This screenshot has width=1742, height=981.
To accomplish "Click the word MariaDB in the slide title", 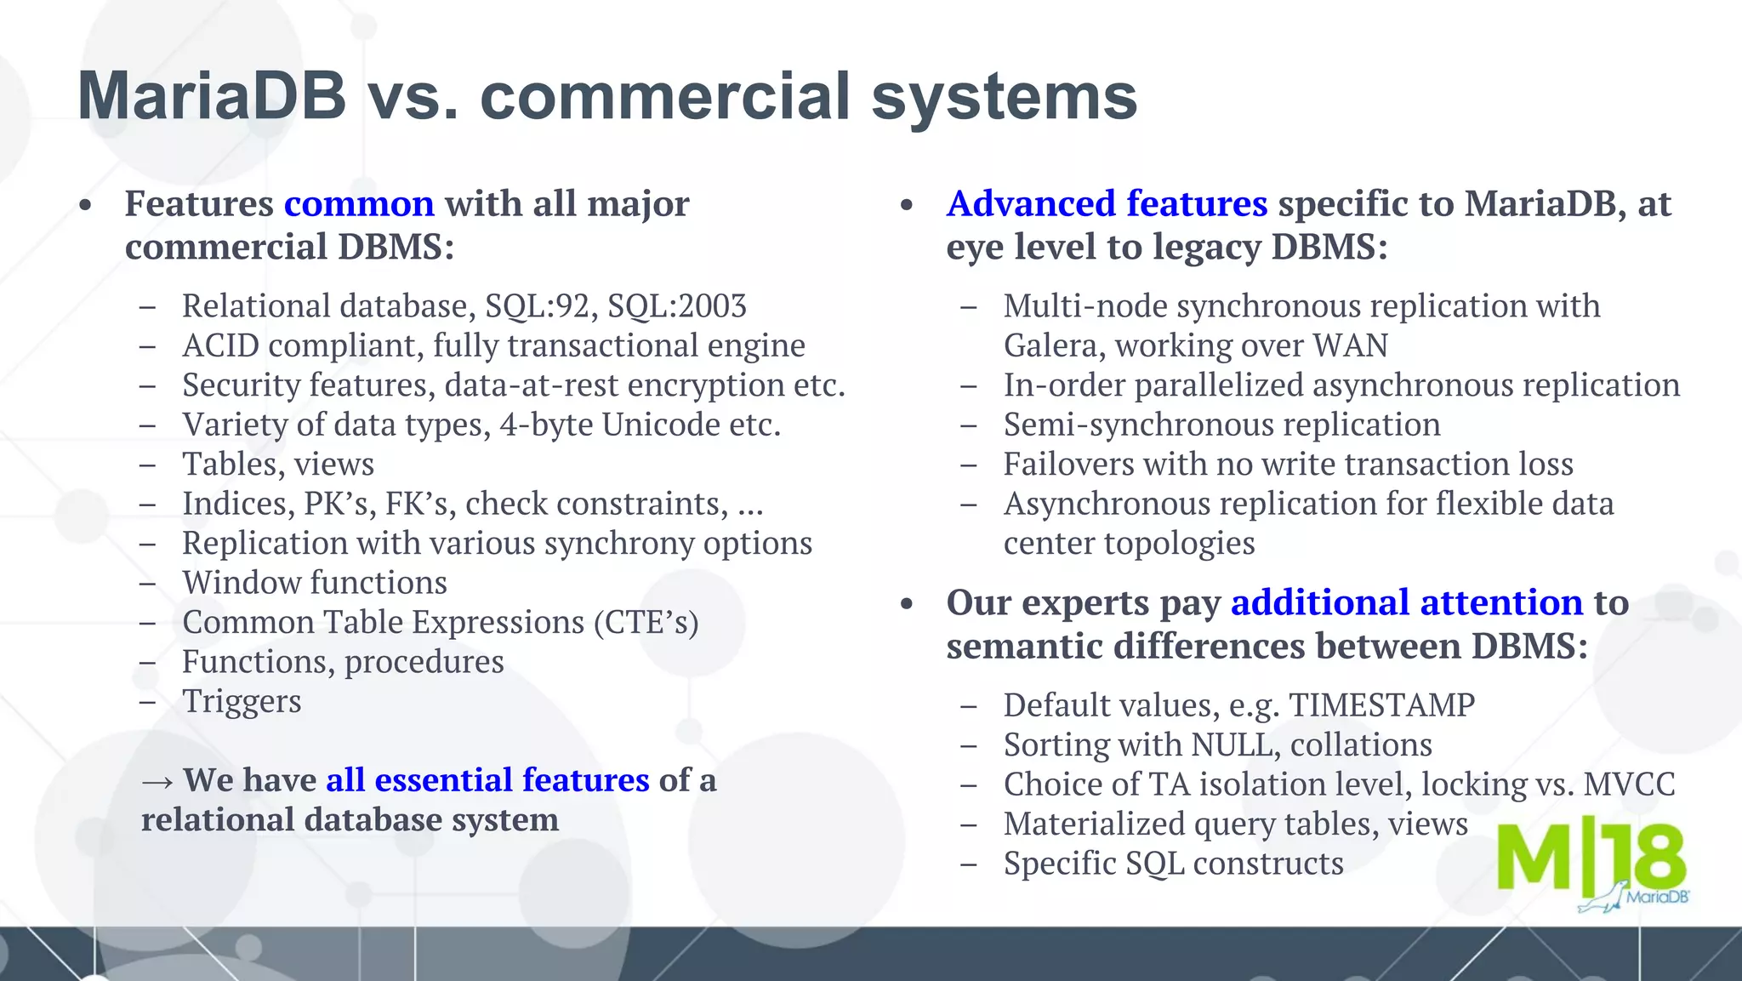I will [x=212, y=96].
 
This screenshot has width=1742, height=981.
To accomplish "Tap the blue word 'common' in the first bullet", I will [x=359, y=204].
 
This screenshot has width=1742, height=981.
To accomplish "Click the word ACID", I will [x=220, y=346].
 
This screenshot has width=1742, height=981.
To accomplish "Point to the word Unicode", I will [x=659, y=425].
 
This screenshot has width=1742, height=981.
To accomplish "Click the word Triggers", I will [x=242, y=702].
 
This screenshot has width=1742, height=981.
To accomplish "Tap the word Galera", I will [x=1054, y=346].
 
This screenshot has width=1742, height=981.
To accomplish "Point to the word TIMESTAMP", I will [x=1381, y=705].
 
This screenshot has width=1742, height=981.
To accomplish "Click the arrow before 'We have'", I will [x=158, y=781].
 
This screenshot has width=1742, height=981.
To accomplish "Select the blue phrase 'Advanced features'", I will [x=1107, y=204].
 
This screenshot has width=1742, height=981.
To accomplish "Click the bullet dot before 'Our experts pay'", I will [x=907, y=604].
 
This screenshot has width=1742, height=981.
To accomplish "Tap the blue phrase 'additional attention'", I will [x=1406, y=603].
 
